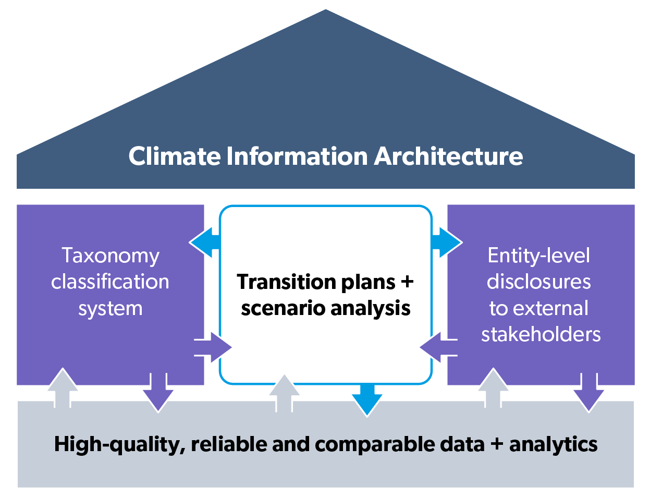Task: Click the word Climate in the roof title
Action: coord(174,156)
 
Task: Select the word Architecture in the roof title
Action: coord(448,156)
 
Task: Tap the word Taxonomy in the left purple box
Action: coord(111,256)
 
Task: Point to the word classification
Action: coord(110,282)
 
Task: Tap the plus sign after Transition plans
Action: coord(407,282)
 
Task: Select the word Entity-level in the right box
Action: coord(538,256)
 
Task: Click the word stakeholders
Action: coord(541,334)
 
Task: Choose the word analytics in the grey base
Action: coord(553,444)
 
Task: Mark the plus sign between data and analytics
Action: coord(497,444)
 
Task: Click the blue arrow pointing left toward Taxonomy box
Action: coord(205,243)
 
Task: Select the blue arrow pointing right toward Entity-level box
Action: coord(447,243)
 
